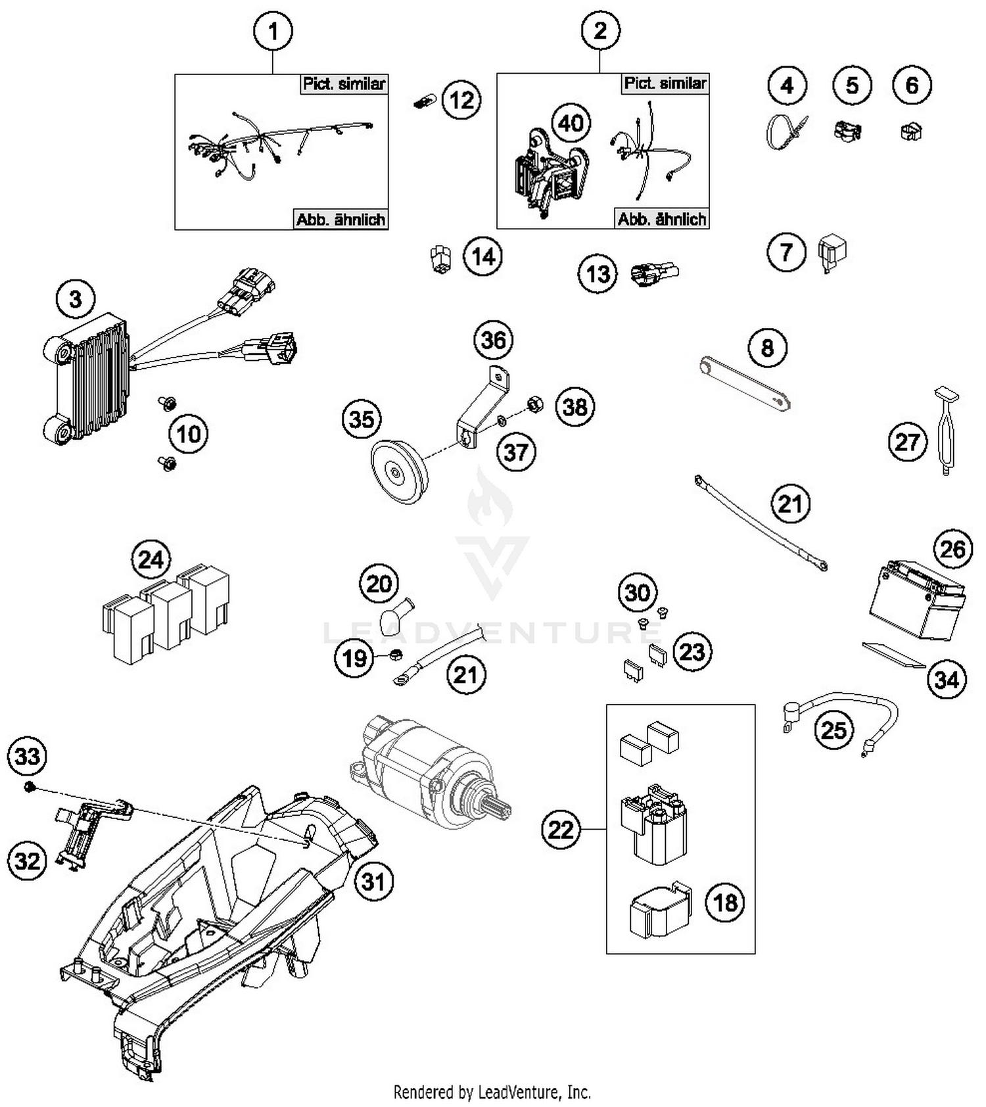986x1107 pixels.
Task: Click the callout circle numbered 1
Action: coord(273,32)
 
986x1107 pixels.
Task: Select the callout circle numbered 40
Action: coord(571,123)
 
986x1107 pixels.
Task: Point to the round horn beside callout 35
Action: coord(398,471)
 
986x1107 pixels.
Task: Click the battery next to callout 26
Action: coord(916,600)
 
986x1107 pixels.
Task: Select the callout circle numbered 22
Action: coord(561,830)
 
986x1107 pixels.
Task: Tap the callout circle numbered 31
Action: coord(373,881)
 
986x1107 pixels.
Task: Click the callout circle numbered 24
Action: coord(151,559)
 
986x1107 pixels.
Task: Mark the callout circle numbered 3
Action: coord(76,299)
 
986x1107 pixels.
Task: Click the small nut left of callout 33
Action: coord(29,787)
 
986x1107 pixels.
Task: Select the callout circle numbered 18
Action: coord(725,902)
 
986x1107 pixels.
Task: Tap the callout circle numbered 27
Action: coord(907,442)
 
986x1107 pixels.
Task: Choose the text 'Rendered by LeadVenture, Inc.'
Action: coord(492,1092)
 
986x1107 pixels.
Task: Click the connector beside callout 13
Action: coord(653,272)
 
